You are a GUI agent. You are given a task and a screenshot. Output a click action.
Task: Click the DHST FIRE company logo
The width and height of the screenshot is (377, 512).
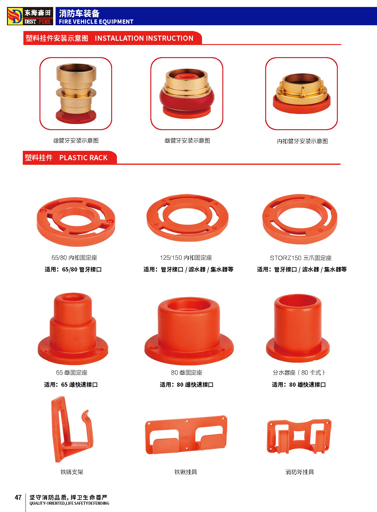pos(30,16)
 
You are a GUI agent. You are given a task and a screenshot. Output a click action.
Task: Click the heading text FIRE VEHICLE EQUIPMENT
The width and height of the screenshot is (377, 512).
pos(96,22)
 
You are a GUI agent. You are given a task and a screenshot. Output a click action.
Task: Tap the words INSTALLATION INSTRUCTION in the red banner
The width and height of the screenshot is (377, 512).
pos(144,38)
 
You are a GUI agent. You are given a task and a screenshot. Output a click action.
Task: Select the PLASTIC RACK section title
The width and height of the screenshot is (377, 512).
pos(83,158)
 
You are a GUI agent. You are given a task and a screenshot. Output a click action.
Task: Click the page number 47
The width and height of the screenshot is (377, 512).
pos(18,497)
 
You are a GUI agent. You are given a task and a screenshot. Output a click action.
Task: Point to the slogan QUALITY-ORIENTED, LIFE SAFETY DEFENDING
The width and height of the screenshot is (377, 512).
pos(70,503)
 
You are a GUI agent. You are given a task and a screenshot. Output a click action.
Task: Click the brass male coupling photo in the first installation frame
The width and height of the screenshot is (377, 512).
pos(76,94)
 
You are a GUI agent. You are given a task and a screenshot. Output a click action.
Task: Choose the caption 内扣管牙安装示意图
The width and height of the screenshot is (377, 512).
pos(302,141)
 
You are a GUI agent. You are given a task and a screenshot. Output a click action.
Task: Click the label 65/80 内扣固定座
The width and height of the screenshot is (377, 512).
pos(74,258)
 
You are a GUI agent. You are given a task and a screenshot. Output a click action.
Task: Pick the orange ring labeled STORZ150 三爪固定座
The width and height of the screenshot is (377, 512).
pos(300,219)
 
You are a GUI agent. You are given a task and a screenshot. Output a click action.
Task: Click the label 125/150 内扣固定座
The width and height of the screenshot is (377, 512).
pos(186,258)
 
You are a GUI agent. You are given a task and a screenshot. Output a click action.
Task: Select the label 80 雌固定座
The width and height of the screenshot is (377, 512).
pos(187,372)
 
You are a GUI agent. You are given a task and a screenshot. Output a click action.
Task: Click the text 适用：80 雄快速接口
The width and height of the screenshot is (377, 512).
pos(299,385)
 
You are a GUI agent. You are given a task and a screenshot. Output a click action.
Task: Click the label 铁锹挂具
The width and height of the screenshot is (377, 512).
pos(186,472)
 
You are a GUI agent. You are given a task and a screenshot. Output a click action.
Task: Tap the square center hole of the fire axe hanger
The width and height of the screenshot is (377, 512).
pos(299,436)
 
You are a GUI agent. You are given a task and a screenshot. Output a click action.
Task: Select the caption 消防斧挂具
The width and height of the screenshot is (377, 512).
pos(300,472)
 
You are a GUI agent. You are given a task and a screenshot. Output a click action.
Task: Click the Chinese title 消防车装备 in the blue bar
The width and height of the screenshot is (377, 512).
pos(79,13)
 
